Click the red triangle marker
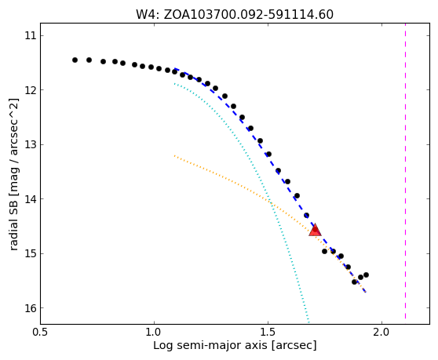(x=315, y=230)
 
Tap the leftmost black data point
(x=75, y=60)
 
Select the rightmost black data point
(x=367, y=275)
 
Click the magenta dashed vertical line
(x=405, y=174)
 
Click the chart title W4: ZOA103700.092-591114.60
(x=235, y=15)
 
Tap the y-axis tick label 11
(x=31, y=36)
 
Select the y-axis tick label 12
(x=31, y=90)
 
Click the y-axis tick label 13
(x=31, y=144)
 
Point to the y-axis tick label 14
(x=31, y=199)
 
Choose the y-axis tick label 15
(x=31, y=253)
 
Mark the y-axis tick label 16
(x=31, y=308)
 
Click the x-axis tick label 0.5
(x=41, y=333)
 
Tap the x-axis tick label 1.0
(x=154, y=333)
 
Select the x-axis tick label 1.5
(x=268, y=333)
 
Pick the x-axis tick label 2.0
(x=381, y=333)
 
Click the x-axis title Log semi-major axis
(x=210, y=345)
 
